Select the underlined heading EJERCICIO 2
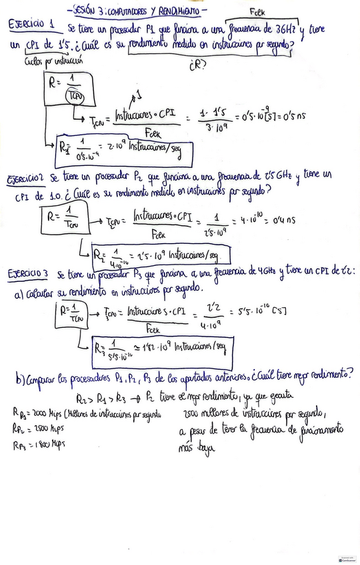(25, 179)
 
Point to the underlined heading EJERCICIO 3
(27, 275)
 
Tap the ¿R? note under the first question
(197, 65)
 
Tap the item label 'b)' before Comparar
(19, 379)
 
